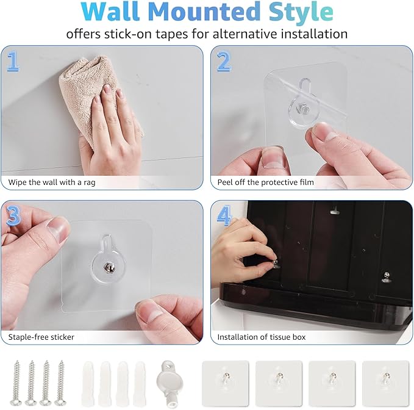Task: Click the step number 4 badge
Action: click(x=224, y=215)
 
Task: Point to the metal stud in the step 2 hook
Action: click(x=303, y=112)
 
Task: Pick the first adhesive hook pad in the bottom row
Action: click(x=225, y=382)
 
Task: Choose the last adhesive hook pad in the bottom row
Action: click(x=385, y=382)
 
